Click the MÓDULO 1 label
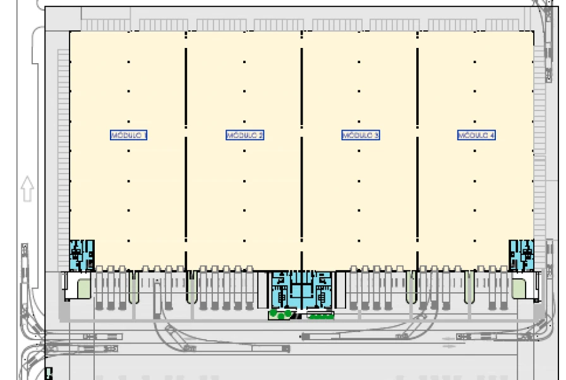tap(129, 135)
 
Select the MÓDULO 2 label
tap(244, 135)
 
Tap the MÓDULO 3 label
tap(360, 135)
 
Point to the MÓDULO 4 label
tap(476, 135)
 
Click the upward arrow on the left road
tap(27, 189)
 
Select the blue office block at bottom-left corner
tap(81, 255)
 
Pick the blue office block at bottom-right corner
tap(521, 255)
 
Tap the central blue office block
tap(302, 290)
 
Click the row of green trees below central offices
tap(321, 316)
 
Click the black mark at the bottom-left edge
tap(49, 374)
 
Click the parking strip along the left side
tap(63, 145)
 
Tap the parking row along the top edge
tap(303, 25)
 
